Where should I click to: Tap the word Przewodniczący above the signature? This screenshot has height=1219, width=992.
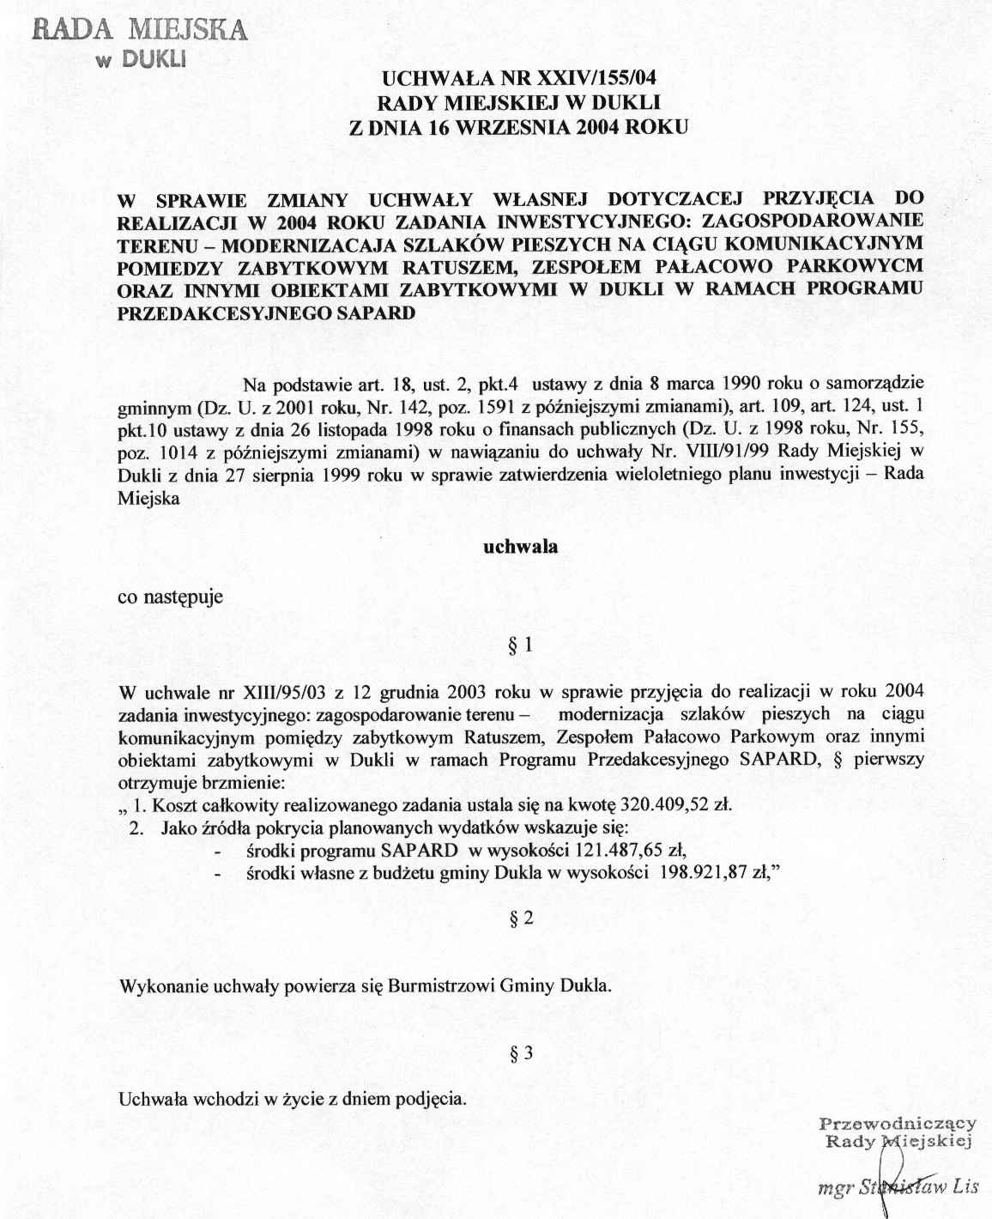(x=898, y=1123)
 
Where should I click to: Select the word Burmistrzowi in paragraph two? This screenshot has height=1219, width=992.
(x=433, y=986)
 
